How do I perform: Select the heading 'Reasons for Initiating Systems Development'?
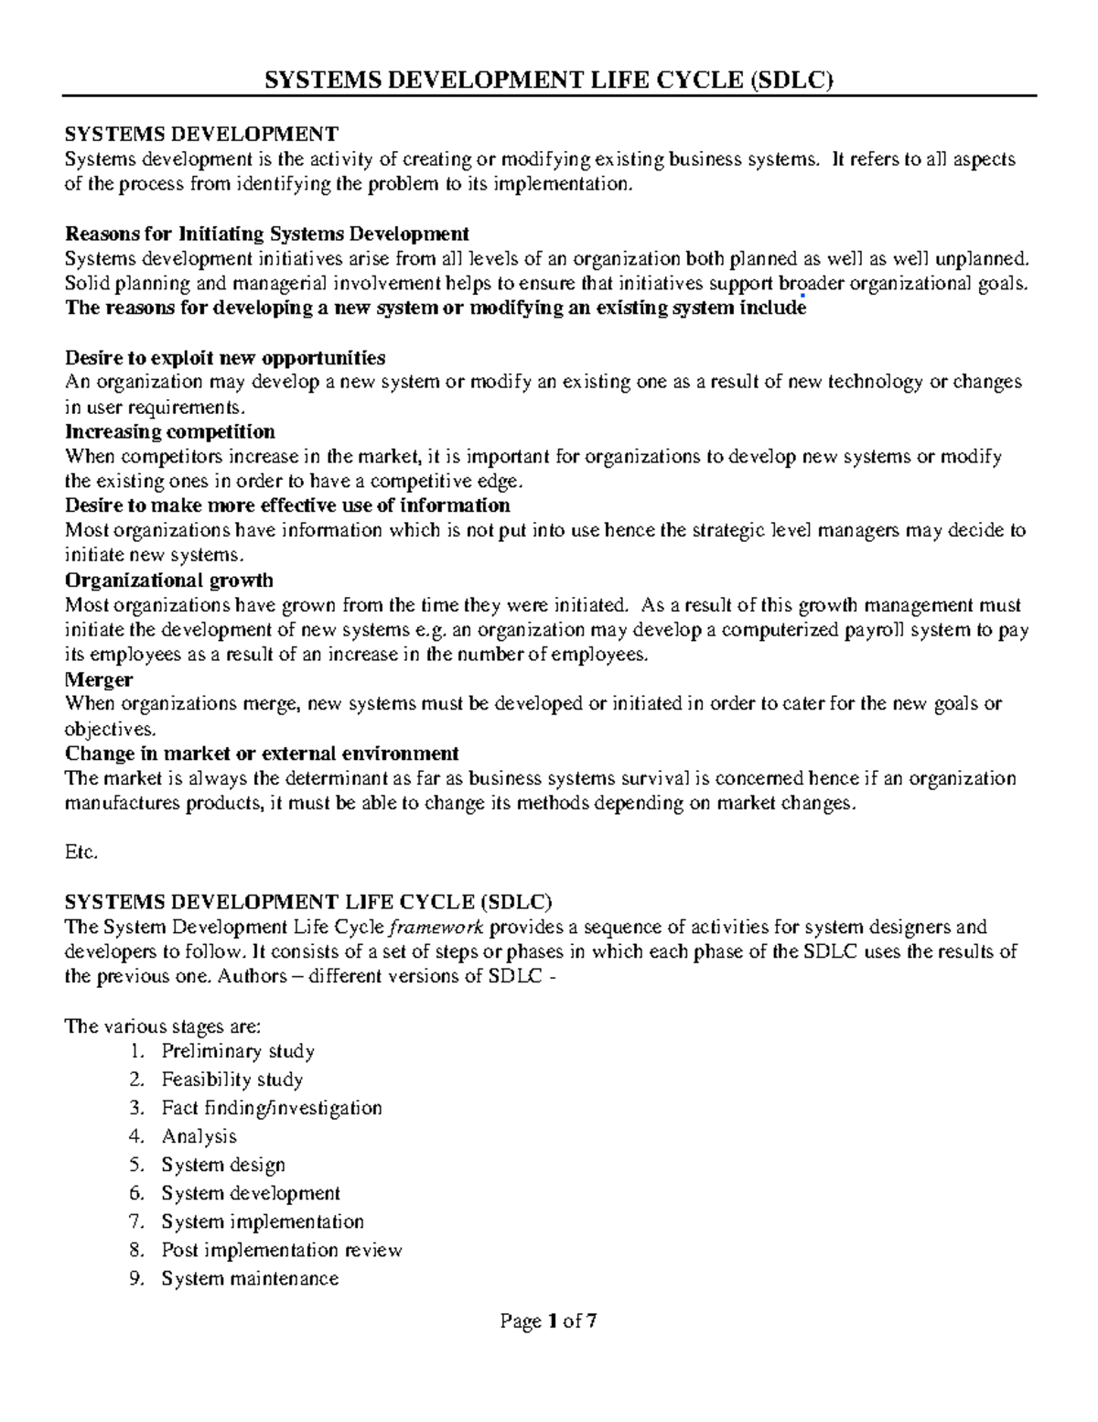click(267, 233)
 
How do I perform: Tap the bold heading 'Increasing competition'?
click(170, 431)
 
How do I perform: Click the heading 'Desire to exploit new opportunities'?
click(225, 357)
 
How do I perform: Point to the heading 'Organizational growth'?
click(169, 581)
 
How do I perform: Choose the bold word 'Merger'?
click(99, 679)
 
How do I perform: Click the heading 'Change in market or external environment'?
click(262, 754)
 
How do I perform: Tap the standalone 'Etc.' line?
click(81, 852)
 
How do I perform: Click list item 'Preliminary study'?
click(238, 1051)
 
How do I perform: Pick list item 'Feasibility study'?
click(231, 1080)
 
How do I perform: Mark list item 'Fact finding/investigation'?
click(272, 1108)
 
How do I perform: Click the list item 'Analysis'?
click(199, 1136)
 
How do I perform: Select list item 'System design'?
click(223, 1165)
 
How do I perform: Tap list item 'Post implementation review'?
click(282, 1250)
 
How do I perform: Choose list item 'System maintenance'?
click(250, 1278)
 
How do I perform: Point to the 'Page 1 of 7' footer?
click(548, 1321)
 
